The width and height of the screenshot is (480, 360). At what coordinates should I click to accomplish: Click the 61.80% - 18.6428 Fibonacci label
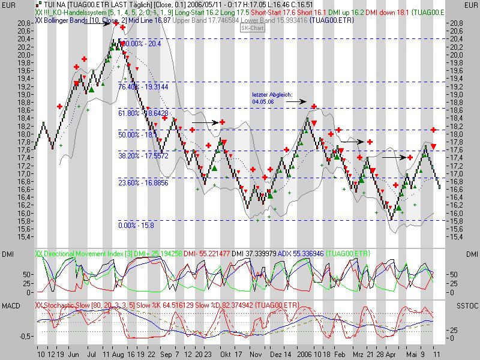(x=142, y=113)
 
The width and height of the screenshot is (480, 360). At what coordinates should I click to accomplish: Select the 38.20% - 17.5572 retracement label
(x=142, y=155)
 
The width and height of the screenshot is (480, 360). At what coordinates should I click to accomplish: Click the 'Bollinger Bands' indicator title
(x=70, y=20)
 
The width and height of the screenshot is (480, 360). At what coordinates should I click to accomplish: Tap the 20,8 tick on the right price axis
(x=457, y=23)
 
